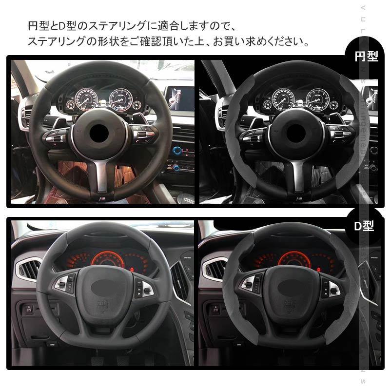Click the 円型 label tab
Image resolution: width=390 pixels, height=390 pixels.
[x=366, y=57]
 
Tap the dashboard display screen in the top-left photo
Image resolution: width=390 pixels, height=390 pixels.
[x=178, y=96]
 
